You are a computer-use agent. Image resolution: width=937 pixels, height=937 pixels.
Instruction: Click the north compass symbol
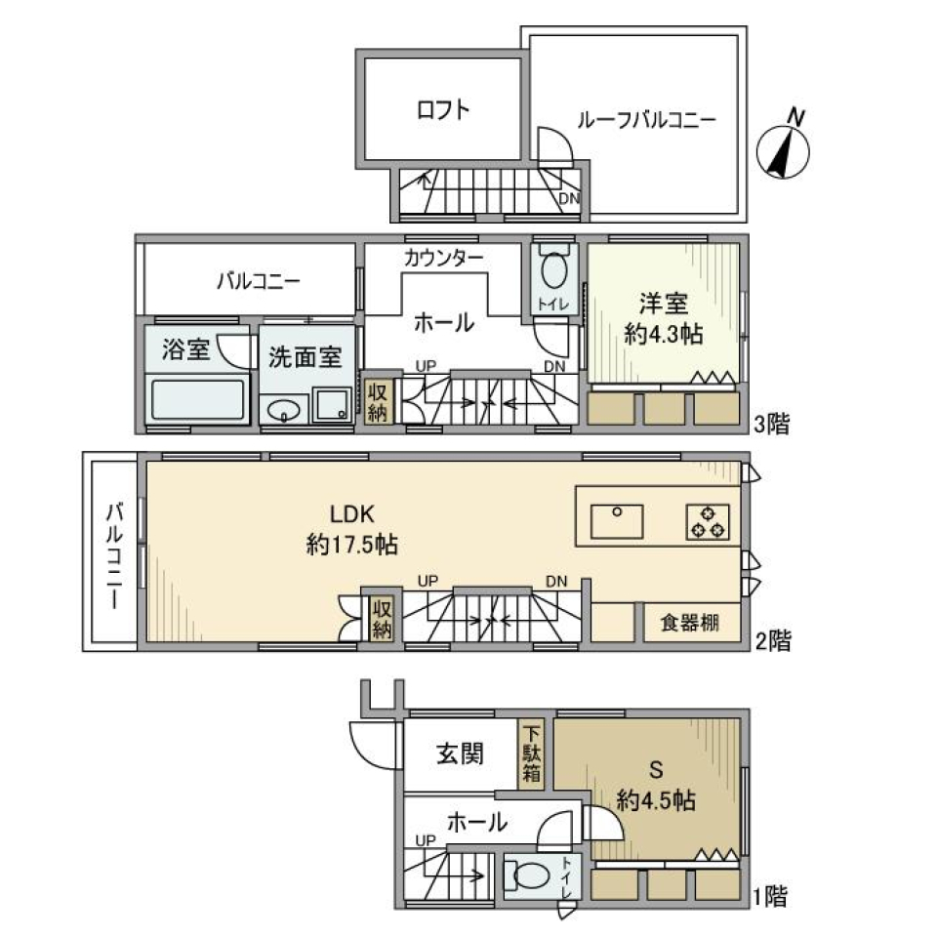(787, 149)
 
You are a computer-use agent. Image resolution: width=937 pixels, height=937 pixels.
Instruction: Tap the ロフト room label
(443, 109)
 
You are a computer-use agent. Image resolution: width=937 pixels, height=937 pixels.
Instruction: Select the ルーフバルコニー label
(646, 121)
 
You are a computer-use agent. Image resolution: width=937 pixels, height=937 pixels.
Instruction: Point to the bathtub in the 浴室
(197, 400)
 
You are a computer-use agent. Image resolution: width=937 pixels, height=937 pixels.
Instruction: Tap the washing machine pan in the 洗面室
(332, 404)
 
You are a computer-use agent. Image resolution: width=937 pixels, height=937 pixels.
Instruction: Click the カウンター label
(443, 258)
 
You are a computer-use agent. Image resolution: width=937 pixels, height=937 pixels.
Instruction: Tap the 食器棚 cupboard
(689, 623)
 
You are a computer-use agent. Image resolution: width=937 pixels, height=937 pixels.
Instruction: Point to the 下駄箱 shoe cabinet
(533, 754)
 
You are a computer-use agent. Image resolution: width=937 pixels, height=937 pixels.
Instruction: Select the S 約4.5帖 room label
(655, 786)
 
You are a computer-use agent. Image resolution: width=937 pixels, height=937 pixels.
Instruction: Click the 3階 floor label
(771, 425)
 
